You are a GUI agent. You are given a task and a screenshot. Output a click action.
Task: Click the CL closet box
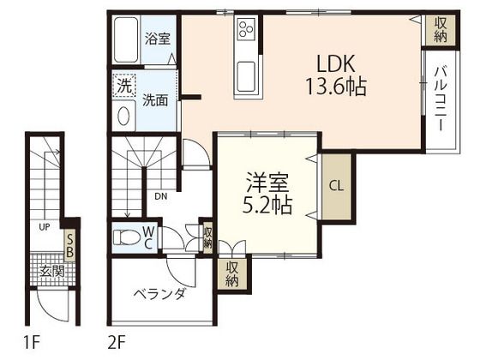pos(335,184)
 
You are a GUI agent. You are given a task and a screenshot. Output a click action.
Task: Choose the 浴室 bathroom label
pos(156,38)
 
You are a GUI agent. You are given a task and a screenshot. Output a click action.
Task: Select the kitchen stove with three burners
pos(246,29)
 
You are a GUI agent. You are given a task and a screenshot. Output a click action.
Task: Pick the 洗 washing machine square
pos(125,86)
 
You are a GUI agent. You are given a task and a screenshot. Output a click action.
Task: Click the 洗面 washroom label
pos(156,99)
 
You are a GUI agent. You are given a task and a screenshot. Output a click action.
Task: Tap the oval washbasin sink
pos(123,117)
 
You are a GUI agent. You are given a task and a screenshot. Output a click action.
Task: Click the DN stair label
pos(161,195)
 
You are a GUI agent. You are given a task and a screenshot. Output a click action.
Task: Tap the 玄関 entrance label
pos(52,272)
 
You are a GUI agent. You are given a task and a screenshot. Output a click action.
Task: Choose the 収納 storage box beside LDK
pos(440,29)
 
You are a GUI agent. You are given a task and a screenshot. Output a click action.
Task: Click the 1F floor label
pos(33,345)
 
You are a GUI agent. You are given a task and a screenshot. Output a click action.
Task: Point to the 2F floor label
pos(117,345)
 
